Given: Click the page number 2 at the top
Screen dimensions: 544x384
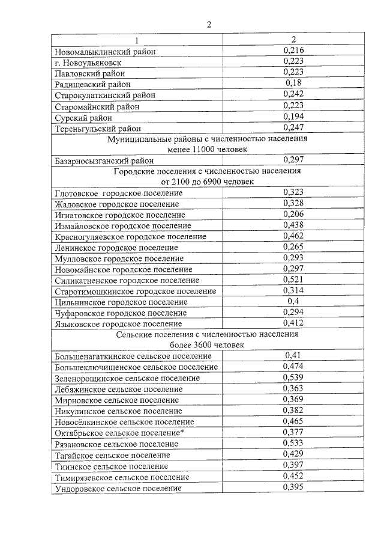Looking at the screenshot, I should (x=209, y=25).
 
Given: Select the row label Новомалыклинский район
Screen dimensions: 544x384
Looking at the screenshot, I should (x=105, y=52).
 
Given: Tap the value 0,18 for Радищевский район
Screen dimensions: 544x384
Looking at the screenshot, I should (x=293, y=83).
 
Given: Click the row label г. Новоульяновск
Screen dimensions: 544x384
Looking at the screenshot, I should (x=88, y=63).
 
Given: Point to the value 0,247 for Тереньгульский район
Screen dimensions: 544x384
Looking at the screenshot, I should (x=293, y=127).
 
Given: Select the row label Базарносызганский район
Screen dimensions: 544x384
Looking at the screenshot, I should (x=104, y=160).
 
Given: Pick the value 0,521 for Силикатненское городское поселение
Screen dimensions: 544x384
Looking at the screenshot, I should (x=293, y=280).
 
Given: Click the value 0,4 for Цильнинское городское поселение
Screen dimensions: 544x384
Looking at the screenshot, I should (x=293, y=301).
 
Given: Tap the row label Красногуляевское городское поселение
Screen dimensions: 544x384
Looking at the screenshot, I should (x=130, y=236).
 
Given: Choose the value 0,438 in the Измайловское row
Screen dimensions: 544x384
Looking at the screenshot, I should (x=293, y=225).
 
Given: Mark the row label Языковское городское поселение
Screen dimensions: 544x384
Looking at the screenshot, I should (x=118, y=323).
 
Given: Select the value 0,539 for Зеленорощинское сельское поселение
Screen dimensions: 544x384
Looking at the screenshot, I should (x=293, y=377).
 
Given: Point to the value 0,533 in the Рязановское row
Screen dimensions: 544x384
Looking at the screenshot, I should (x=293, y=442).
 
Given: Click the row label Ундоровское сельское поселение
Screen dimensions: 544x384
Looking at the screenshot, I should (x=118, y=488).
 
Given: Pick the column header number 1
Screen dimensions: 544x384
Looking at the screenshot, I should (x=136, y=41).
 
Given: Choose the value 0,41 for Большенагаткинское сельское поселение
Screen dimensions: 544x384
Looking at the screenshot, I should (x=293, y=356).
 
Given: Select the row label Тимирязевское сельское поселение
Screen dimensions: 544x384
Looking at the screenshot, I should (x=122, y=477).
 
